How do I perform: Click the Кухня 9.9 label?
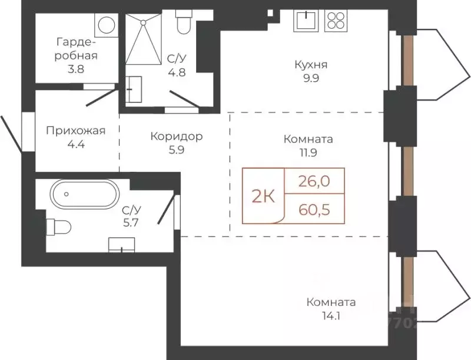click(311, 71)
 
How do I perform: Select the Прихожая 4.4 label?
click(75, 137)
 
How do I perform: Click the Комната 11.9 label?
click(308, 146)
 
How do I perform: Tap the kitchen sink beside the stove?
click(306, 21)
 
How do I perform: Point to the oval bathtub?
click(85, 194)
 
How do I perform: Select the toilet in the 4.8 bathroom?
click(183, 23)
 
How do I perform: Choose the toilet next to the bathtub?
click(58, 225)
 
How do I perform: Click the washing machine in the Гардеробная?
click(106, 25)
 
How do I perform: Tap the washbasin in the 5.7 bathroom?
click(121, 244)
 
